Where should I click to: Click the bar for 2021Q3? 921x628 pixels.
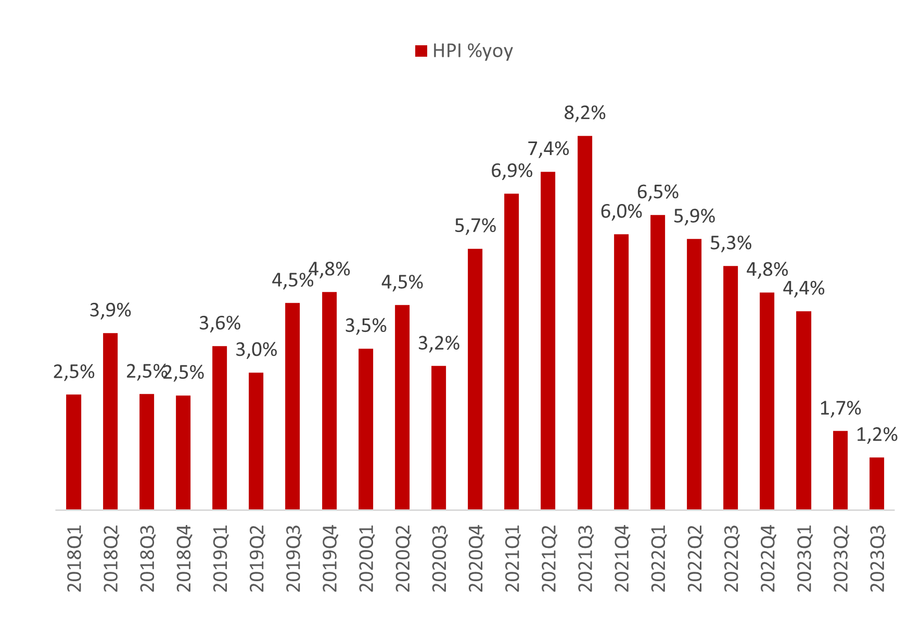point(585,323)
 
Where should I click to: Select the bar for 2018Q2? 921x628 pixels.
point(110,421)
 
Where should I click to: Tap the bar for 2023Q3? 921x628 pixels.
point(877,483)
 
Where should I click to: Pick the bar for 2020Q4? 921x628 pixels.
point(475,379)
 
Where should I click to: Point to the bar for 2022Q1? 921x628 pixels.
point(658,362)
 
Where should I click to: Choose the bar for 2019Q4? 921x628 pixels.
point(329,401)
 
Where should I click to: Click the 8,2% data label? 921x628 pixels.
point(585,113)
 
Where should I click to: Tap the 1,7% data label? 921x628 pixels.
point(840,408)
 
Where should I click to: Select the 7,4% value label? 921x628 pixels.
point(548,149)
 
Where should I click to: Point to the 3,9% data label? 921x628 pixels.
point(110,311)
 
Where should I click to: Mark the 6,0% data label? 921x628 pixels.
point(621,212)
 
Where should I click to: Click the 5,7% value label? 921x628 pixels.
point(475,226)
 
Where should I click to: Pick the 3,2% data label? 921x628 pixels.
point(439,343)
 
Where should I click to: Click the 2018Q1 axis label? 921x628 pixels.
point(74,559)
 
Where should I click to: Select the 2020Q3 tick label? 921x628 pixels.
point(439,559)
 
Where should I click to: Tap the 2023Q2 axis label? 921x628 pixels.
point(840,559)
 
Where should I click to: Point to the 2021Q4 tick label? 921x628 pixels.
point(622,559)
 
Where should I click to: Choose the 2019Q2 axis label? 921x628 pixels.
point(257,559)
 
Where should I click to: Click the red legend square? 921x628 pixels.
point(421,51)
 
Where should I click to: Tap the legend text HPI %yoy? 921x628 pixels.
point(472,51)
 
